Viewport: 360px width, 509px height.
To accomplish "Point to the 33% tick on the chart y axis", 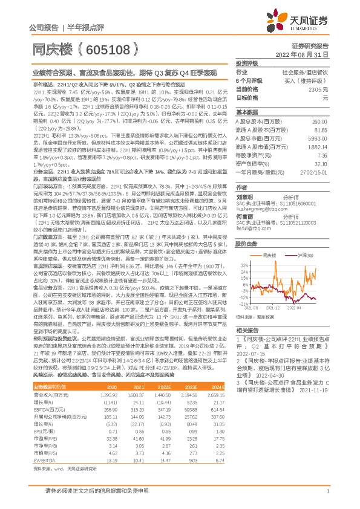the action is [244, 265].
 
